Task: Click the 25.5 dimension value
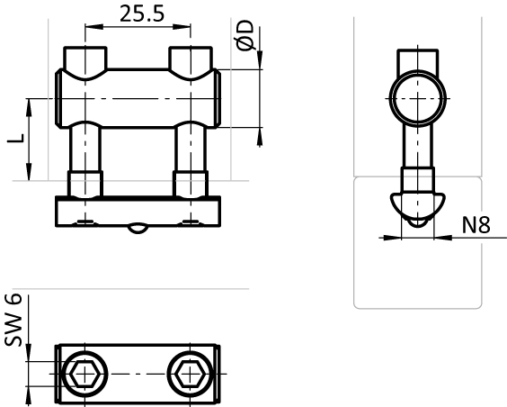pyautogui.click(x=142, y=14)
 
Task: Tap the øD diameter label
pyautogui.click(x=245, y=35)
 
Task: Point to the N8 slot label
pyautogui.click(x=476, y=225)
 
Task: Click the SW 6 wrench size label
pyautogui.click(x=13, y=320)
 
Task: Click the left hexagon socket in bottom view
pyautogui.click(x=84, y=374)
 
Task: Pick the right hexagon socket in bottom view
pyautogui.click(x=191, y=374)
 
